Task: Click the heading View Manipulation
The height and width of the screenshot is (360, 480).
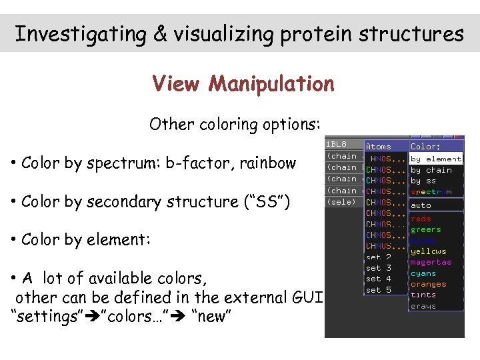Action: click(243, 84)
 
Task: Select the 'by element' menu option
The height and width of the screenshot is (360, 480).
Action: click(435, 159)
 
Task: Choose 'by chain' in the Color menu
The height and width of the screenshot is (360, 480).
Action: click(431, 170)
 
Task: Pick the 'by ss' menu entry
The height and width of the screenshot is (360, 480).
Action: click(423, 181)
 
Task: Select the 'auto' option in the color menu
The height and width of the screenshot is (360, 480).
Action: click(421, 205)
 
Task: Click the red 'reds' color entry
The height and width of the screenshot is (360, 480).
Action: click(421, 219)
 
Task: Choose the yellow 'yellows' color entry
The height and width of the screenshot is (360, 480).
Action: click(429, 251)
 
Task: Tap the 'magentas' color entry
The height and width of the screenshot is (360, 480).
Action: click(431, 262)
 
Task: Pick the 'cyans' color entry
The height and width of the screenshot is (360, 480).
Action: click(423, 273)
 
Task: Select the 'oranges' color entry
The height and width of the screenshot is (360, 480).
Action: click(429, 284)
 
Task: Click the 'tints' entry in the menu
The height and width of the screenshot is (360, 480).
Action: click(423, 295)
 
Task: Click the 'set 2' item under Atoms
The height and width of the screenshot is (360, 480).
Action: click(379, 257)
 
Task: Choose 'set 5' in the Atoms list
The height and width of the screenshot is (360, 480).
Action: click(379, 290)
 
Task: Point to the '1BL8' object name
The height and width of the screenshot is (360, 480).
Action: click(337, 145)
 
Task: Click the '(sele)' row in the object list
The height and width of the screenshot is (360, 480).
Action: click(341, 202)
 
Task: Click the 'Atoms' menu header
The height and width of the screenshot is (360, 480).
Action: click(379, 147)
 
